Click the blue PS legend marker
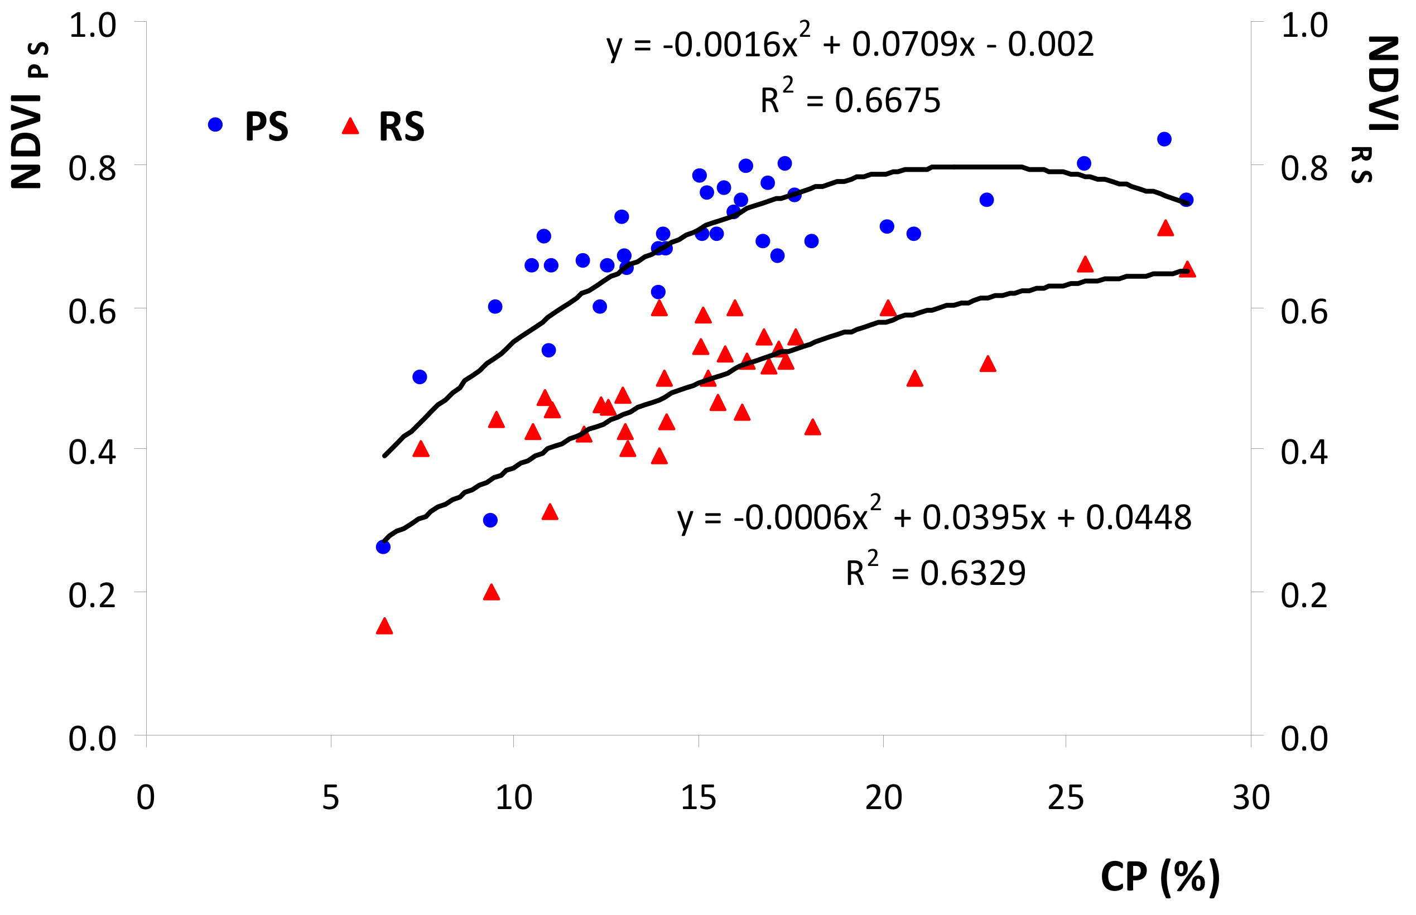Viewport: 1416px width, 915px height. click(x=215, y=124)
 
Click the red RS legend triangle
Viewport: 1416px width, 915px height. click(x=350, y=125)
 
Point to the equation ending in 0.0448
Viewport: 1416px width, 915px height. click(x=935, y=515)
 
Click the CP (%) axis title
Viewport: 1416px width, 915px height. click(x=1160, y=877)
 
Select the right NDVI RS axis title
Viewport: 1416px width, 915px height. click(x=1379, y=109)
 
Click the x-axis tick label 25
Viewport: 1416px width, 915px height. click(x=1066, y=797)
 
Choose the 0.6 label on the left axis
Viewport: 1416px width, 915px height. click(x=92, y=311)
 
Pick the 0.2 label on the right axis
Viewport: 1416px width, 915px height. click(x=1304, y=595)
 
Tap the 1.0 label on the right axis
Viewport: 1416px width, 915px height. click(x=1304, y=26)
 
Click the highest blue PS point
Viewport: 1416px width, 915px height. click(x=1164, y=139)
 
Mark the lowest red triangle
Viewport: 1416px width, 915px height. click(x=384, y=626)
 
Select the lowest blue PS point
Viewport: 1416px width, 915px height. click(x=383, y=546)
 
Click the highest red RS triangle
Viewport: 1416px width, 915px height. click(x=1165, y=227)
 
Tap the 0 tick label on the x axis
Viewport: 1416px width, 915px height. click(x=146, y=797)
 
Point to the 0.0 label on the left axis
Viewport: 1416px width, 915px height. click(x=92, y=739)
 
